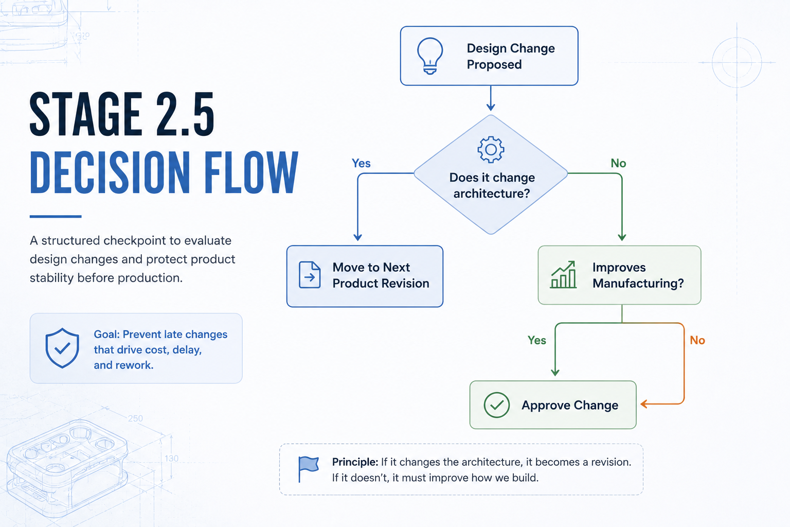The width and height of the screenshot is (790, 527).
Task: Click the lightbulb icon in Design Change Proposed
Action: [x=429, y=56]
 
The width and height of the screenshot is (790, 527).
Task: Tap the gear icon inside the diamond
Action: [x=491, y=149]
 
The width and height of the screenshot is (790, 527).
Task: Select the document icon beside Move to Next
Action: [x=310, y=275]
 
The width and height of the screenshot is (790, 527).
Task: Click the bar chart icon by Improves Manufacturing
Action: [x=563, y=275]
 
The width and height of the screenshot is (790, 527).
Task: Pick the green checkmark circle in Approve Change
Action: [x=496, y=405]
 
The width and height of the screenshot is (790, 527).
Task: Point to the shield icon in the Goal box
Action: [x=62, y=348]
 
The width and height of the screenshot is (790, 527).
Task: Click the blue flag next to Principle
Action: [x=308, y=469]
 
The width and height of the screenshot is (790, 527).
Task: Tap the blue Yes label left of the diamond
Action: [x=361, y=163]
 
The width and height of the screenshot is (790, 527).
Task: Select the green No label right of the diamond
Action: [x=618, y=163]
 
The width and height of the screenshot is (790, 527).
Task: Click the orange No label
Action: [x=697, y=340]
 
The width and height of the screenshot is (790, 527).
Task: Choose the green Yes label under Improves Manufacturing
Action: [x=537, y=340]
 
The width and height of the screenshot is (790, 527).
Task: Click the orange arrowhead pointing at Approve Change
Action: [x=644, y=404]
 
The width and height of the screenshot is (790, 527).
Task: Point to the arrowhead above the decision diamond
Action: [x=491, y=107]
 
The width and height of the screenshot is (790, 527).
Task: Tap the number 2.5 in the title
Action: [x=185, y=114]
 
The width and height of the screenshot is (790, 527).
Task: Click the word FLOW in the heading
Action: [x=251, y=172]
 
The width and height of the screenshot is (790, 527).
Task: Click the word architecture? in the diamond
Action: [x=492, y=194]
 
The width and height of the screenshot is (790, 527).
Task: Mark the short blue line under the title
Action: [x=56, y=216]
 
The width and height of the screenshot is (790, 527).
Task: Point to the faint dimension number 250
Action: [x=135, y=418]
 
